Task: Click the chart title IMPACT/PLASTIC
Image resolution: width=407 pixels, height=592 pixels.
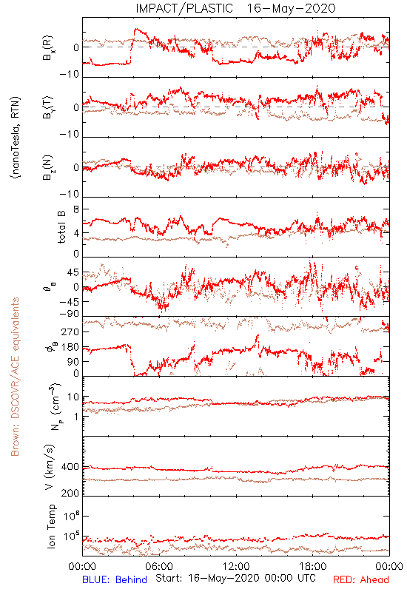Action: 184,8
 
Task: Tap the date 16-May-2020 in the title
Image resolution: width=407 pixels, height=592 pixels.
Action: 291,8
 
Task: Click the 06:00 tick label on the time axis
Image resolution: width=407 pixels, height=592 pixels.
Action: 159,566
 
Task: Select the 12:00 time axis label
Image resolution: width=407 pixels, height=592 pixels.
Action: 236,566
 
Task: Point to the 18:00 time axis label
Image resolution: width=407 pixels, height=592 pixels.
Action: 313,566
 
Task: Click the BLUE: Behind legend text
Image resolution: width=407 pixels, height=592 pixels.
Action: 115,579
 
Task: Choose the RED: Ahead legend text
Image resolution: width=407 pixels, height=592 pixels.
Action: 361,579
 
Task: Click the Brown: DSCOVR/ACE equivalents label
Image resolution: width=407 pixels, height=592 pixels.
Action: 15,377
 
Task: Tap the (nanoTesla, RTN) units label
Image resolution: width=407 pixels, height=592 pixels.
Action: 16,138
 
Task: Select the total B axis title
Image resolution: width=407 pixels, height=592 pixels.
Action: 61,227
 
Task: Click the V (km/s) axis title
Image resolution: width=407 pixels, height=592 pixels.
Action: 50,468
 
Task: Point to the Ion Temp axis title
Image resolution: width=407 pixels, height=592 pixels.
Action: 51,526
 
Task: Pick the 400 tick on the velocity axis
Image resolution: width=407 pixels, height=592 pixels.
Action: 70,467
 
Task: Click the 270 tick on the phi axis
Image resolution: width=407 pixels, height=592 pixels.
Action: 70,332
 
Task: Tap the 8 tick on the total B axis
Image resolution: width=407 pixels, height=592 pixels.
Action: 76,210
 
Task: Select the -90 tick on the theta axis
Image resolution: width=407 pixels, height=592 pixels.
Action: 69,314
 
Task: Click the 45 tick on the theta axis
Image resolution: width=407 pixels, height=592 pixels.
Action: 73,272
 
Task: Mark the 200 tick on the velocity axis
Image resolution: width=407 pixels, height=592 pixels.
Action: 70,493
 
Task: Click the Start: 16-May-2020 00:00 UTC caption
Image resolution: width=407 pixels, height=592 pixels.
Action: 235,578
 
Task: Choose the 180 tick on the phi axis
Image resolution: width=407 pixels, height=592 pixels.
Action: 70,347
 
